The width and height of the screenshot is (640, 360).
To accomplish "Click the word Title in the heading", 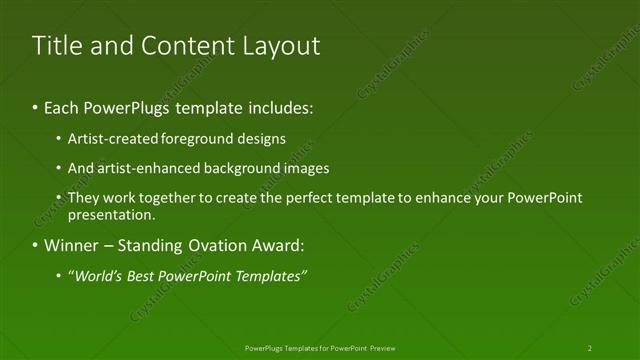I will pos(56,46).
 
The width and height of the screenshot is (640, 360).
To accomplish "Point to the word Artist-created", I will pos(110,139).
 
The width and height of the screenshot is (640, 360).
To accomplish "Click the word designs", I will pos(259,139).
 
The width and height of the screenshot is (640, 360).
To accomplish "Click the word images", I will pos(304,168).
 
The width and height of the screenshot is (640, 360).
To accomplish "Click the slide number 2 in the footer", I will pos(590,348).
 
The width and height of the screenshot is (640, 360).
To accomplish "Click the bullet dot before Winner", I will pos(36,245).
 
